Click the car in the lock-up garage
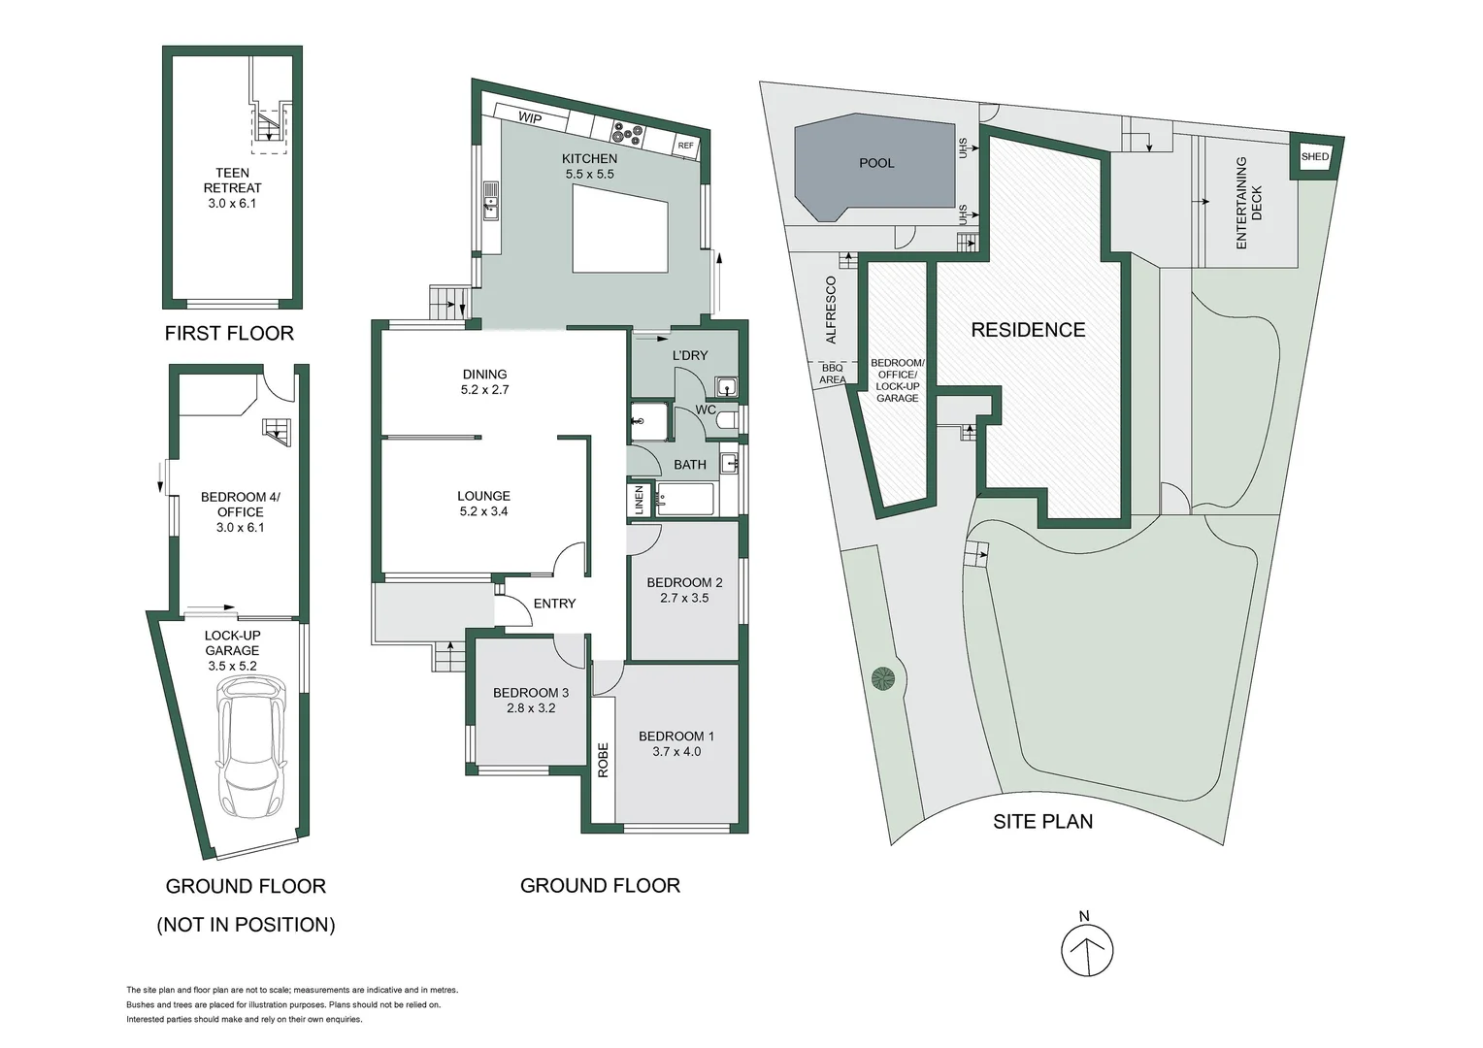251,746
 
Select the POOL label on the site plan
876,163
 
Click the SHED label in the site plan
1315,157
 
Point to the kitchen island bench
620,229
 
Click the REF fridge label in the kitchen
686,147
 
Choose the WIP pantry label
529,118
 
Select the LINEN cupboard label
639,501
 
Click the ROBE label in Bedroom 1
603,760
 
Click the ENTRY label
554,604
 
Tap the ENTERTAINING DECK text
1248,203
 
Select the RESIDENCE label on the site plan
1028,330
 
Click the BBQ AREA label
832,374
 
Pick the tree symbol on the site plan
882,678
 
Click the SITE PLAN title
1042,822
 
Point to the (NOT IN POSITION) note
246,925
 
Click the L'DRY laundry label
690,355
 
